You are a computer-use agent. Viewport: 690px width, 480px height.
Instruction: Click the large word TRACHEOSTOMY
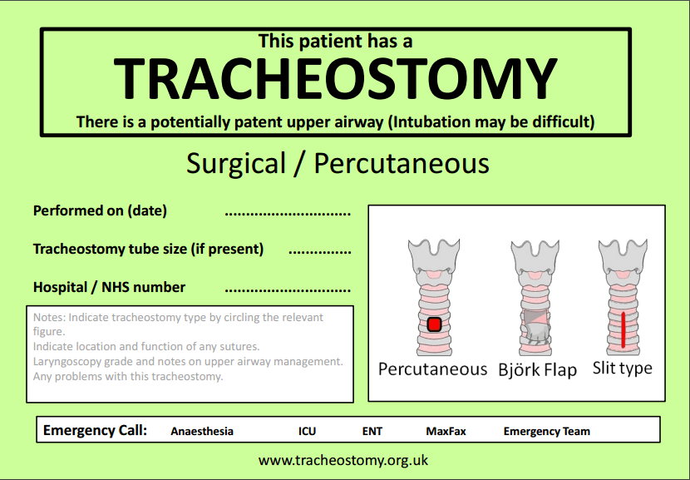click(x=335, y=78)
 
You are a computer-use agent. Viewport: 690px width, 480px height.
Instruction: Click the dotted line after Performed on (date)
click(x=288, y=213)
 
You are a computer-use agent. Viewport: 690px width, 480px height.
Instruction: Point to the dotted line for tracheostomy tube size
click(x=319, y=251)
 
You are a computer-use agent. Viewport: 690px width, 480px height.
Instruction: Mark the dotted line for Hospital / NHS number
click(x=288, y=289)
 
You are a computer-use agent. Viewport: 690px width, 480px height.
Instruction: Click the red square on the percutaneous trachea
click(x=432, y=324)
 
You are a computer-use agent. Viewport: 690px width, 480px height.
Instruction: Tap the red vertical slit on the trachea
click(x=622, y=328)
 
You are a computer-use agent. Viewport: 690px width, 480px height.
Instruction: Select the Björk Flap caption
click(x=537, y=369)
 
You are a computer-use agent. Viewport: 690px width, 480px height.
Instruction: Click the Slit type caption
click(x=622, y=368)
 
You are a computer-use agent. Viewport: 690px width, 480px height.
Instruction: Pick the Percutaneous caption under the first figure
click(x=432, y=369)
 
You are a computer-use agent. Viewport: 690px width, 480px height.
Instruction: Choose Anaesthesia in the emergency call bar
click(x=202, y=431)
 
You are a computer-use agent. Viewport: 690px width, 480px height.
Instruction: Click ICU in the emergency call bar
click(x=307, y=431)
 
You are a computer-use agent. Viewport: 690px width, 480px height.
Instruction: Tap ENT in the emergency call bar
click(x=372, y=431)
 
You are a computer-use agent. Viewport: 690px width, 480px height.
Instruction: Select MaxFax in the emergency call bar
click(x=446, y=431)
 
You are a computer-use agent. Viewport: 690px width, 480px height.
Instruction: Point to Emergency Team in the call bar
click(x=547, y=431)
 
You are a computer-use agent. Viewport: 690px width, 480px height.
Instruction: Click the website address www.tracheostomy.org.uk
click(x=343, y=459)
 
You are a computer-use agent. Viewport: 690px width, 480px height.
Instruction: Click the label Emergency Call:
click(x=95, y=430)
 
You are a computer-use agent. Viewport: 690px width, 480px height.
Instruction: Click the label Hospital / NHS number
click(x=109, y=287)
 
